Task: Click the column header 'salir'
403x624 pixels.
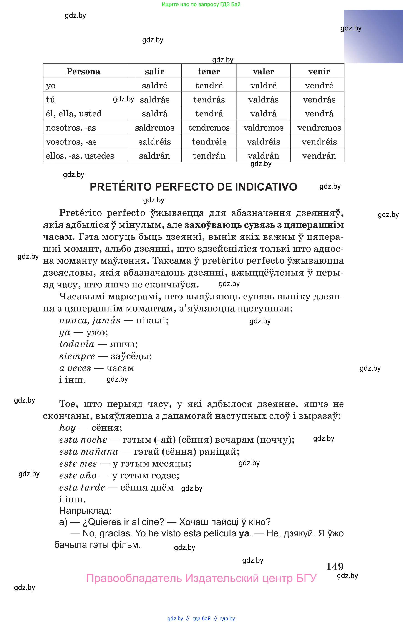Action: [x=154, y=71]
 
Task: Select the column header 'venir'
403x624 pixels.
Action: [x=319, y=71]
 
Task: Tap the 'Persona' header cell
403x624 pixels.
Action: [x=83, y=71]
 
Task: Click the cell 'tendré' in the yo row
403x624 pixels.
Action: [x=209, y=86]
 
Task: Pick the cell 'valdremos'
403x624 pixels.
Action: [x=263, y=128]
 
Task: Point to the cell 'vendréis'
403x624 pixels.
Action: [x=319, y=142]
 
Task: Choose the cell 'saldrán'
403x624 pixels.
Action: [x=154, y=156]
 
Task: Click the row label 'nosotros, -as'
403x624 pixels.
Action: [x=71, y=128]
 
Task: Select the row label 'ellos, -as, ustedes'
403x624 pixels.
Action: [x=80, y=156]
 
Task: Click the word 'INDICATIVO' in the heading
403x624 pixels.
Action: [x=266, y=187]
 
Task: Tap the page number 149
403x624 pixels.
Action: [x=335, y=566]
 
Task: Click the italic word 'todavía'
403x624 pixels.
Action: [x=77, y=344]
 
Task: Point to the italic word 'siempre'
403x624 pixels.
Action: [x=77, y=356]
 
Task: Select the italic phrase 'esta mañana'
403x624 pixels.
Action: [x=89, y=452]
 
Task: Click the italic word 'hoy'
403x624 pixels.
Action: [x=67, y=428]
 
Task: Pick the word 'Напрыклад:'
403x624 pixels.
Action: [x=85, y=511]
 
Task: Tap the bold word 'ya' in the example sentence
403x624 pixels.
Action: [x=244, y=533]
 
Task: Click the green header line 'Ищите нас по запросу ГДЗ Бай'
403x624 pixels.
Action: [x=201, y=5]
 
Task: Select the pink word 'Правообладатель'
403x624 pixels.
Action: [x=134, y=578]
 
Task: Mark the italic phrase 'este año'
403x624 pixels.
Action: [x=78, y=476]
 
